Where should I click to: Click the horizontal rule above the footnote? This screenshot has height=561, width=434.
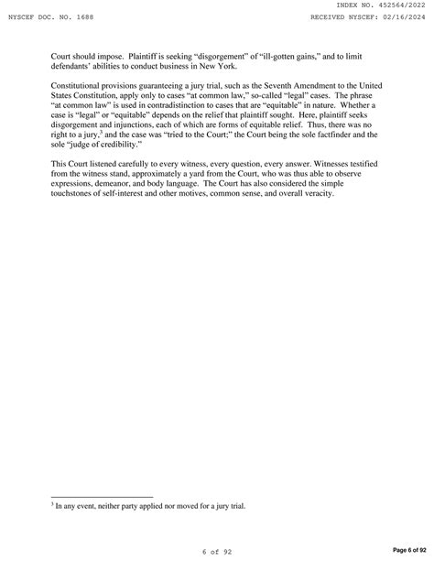(102, 497)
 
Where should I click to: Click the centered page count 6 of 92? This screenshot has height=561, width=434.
(217, 551)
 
